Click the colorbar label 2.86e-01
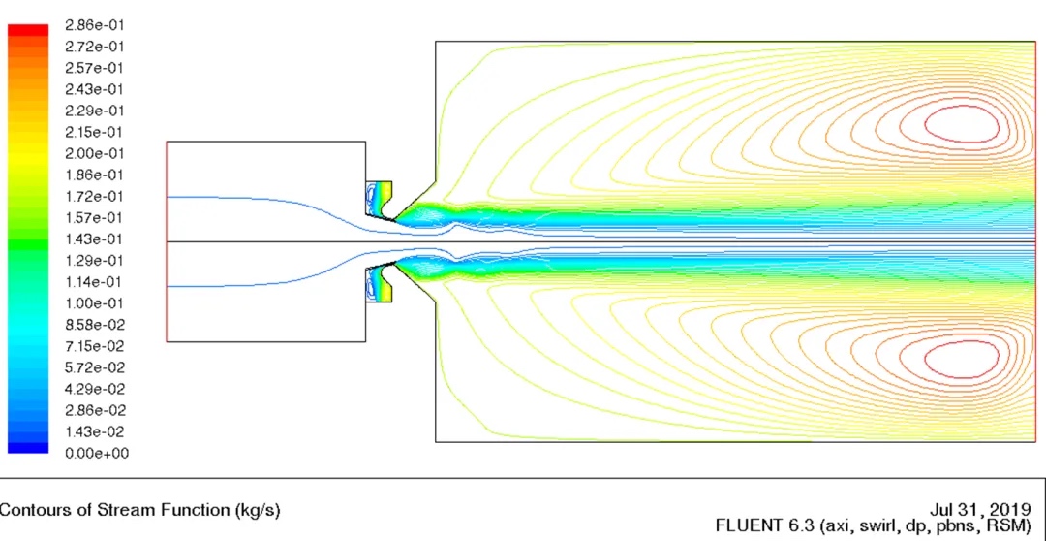pos(95,25)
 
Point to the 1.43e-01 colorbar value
pos(95,239)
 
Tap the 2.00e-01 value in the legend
pos(95,153)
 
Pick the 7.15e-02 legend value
pos(95,346)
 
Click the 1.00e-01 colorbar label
pos(95,303)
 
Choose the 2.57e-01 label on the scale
pos(95,68)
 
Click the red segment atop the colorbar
pos(28,30)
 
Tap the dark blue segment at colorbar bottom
pos(28,448)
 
